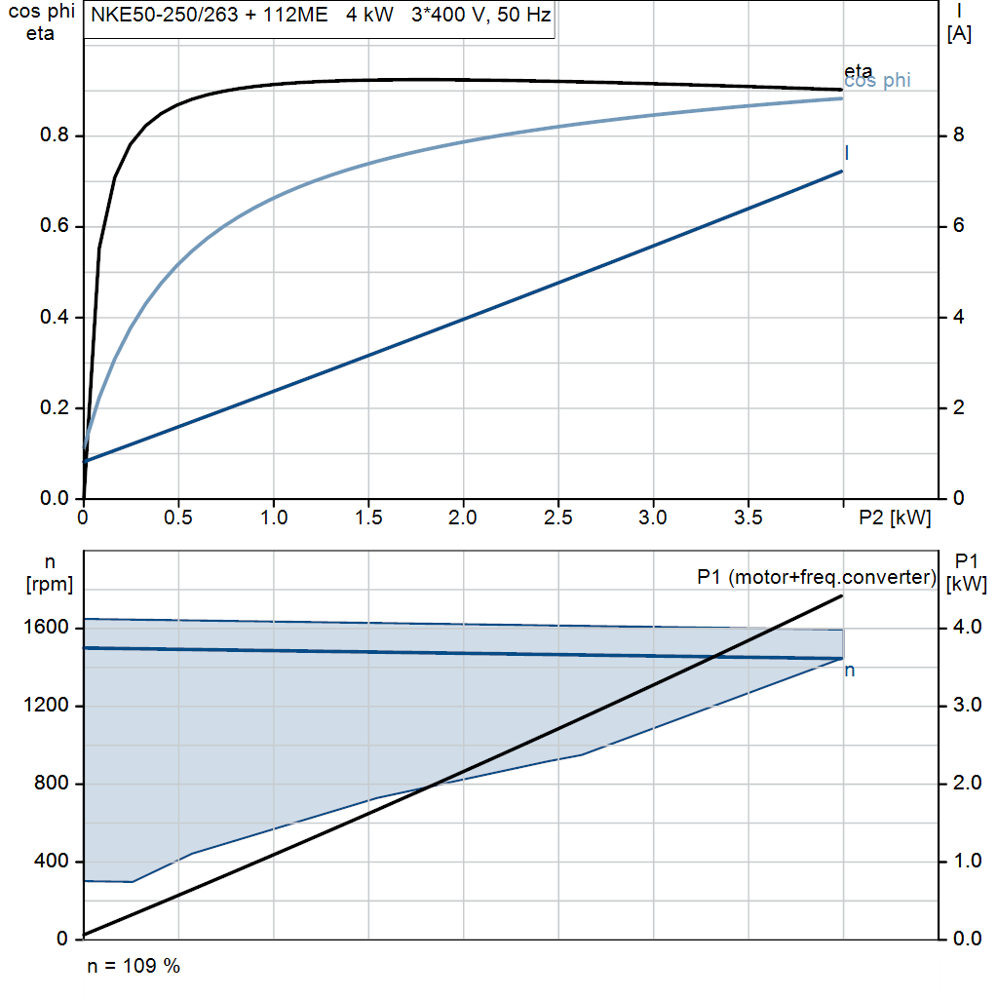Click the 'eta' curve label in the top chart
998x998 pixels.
tap(858, 70)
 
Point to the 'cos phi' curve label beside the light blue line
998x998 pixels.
tap(877, 81)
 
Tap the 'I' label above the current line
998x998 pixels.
tap(847, 153)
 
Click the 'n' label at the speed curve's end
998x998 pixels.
tap(850, 671)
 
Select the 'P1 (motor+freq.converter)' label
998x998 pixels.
tap(817, 577)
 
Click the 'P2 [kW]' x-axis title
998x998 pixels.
tap(895, 518)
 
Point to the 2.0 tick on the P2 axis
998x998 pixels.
tap(463, 518)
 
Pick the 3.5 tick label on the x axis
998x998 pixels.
tap(748, 518)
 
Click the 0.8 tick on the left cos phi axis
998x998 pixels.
tap(55, 134)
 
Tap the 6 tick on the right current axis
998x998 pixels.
tap(959, 226)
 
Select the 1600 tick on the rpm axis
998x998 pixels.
tap(46, 628)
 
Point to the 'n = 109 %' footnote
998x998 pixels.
tap(134, 966)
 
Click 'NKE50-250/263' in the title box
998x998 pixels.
tap(164, 15)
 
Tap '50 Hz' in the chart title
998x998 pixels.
tap(523, 15)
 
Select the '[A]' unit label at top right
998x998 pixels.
tap(959, 34)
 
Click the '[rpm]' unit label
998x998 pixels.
tap(50, 585)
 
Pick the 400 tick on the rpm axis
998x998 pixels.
tap(52, 862)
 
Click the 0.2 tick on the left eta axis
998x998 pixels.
tap(55, 407)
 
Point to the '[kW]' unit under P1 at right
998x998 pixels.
tap(967, 585)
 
